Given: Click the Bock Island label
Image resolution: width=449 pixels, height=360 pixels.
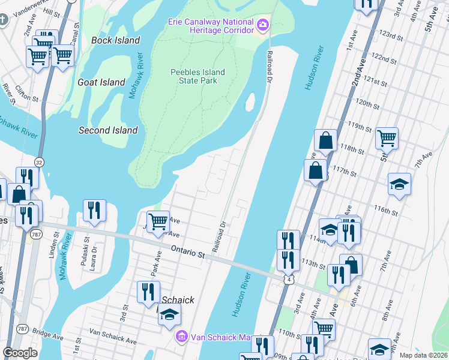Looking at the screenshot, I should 116,40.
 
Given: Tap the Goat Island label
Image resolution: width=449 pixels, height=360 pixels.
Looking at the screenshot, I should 101,82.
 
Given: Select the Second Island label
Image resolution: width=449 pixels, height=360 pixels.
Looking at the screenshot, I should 108,130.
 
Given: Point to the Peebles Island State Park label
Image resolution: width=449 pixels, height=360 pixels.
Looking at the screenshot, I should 197,76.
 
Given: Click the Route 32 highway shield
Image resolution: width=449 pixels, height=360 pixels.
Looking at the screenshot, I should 39,162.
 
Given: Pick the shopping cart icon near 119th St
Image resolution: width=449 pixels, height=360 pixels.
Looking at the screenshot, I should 387,138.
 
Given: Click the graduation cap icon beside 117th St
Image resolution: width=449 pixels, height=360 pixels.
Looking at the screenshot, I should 399,184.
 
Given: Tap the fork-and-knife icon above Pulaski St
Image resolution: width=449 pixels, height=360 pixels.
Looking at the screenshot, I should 94,210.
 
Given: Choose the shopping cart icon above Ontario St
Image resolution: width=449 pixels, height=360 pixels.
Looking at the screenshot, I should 158,221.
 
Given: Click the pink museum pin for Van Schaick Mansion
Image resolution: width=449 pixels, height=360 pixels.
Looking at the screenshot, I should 182,337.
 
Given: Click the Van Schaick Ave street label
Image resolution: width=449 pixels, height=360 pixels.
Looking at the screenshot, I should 113,335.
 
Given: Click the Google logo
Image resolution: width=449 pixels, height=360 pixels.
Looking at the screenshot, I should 20,353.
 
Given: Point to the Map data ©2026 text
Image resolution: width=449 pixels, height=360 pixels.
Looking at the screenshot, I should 423,355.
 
